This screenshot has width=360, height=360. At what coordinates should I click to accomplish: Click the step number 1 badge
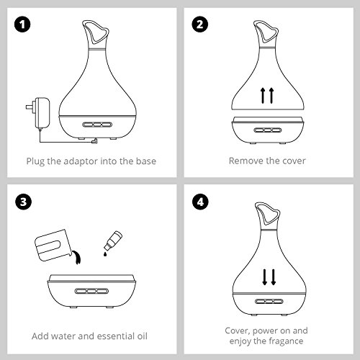(22, 24)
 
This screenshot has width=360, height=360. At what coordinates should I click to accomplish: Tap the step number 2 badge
(200, 24)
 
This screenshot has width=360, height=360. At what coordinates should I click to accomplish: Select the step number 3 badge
(23, 202)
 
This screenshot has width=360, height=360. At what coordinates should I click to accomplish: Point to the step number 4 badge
(200, 202)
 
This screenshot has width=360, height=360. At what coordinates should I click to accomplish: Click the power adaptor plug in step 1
(38, 113)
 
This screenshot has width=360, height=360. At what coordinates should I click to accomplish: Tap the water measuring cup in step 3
(53, 246)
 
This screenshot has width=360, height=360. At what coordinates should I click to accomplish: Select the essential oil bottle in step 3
(113, 240)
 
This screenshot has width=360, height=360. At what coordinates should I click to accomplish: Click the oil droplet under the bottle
(105, 254)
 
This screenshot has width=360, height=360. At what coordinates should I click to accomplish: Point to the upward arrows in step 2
(267, 96)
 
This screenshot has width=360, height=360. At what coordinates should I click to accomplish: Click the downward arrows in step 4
(269, 277)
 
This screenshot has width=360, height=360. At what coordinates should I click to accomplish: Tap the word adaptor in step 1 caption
(81, 161)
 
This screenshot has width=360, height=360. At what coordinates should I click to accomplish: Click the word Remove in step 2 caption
(244, 161)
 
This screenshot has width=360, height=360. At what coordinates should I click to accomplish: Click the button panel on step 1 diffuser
(97, 125)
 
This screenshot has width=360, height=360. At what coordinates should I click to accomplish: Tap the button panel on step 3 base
(91, 292)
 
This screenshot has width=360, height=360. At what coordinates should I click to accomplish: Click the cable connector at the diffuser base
(94, 141)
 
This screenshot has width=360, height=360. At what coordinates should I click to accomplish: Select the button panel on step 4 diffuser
(269, 302)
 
